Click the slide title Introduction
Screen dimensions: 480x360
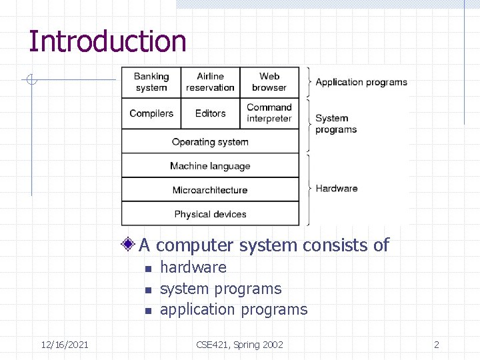[x=107, y=41]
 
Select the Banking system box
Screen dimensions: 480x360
[x=151, y=82]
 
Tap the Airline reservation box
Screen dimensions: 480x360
[x=210, y=82]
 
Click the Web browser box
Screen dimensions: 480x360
[x=269, y=82]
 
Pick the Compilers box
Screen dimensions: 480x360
[x=151, y=113]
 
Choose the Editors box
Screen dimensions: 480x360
[x=210, y=113]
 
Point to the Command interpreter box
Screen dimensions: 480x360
[x=269, y=113]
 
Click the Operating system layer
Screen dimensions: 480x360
[x=210, y=142]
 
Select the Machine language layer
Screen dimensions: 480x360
[x=210, y=166]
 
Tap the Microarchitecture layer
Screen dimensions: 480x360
[x=210, y=190]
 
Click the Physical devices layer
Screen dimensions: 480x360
[x=210, y=214]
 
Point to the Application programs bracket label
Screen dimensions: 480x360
[x=361, y=82]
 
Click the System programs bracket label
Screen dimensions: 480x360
[x=335, y=124]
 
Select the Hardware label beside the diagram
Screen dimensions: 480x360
[x=337, y=189]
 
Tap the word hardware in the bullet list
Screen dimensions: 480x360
[x=193, y=267]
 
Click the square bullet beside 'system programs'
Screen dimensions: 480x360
[x=149, y=290]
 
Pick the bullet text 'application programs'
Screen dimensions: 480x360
[x=234, y=309]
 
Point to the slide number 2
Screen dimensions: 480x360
[x=437, y=345]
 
